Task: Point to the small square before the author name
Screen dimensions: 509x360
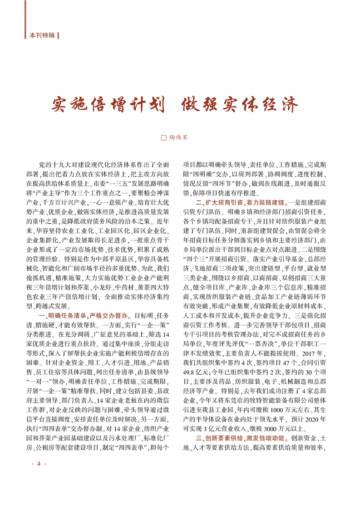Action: [164, 136]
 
